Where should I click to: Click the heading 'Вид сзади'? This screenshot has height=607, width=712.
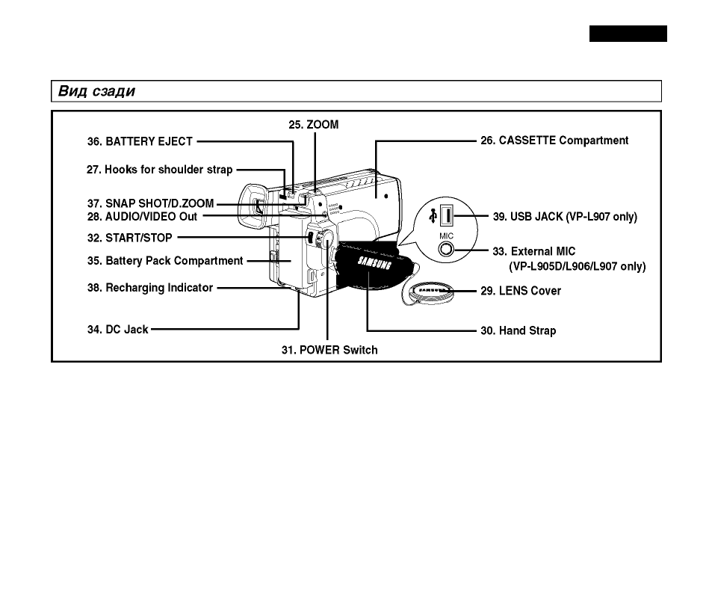(x=96, y=91)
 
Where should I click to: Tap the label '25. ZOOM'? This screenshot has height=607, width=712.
(x=313, y=125)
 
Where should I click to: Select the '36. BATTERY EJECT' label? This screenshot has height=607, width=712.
(x=140, y=141)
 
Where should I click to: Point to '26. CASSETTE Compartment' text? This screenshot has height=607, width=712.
(x=554, y=141)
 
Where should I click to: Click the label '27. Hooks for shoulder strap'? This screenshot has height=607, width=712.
(x=159, y=170)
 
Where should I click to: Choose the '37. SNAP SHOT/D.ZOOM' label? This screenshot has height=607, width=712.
(x=150, y=203)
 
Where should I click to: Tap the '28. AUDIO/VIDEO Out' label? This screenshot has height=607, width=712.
(x=142, y=217)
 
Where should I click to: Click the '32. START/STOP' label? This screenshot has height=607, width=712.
(x=130, y=238)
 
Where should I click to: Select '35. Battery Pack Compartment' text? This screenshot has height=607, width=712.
(x=165, y=261)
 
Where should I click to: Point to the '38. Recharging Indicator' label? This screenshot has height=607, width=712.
(x=150, y=288)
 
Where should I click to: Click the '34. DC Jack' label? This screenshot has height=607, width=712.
(x=117, y=330)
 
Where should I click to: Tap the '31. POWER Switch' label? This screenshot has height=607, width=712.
(x=329, y=351)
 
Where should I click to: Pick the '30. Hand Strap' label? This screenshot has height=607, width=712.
(x=518, y=330)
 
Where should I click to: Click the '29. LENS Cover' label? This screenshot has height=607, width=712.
(x=521, y=291)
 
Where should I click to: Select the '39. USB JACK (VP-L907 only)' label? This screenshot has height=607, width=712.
(x=565, y=217)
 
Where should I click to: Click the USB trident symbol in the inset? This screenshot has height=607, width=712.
(x=433, y=215)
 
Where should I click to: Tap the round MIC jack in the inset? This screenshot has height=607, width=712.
(x=446, y=250)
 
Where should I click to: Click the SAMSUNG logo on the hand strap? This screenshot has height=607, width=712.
(x=374, y=263)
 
